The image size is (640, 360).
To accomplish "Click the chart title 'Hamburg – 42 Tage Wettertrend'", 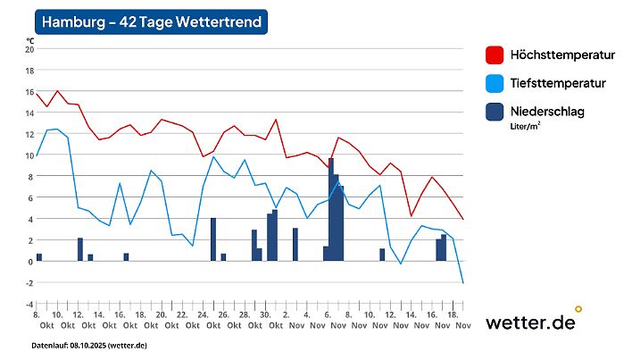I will tap(150, 22).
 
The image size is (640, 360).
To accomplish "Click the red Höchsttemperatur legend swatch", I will tap(495, 54).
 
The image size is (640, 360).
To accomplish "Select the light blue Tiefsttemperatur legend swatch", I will tap(495, 83).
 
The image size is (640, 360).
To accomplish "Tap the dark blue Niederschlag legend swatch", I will tap(495, 112).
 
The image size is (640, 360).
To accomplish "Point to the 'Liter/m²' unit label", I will tap(527, 126).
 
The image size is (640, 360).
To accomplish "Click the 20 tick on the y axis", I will tap(29, 49).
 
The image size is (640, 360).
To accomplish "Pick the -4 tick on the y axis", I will tap(29, 304).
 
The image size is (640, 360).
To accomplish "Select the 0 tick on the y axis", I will tap(29, 261).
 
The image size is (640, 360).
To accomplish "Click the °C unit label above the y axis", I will tap(29, 40).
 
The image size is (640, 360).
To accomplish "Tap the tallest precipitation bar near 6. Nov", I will tap(331, 210).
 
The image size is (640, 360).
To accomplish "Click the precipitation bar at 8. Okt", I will tap(38, 257).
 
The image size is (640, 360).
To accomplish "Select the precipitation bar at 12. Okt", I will tap(80, 249).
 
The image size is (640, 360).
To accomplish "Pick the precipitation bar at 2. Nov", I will tap(295, 244).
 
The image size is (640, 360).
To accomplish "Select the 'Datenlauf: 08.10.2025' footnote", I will tap(89, 345).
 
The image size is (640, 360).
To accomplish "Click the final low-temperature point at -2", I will tap(463, 282).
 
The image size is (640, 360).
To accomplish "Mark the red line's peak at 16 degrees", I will tap(58, 91).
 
